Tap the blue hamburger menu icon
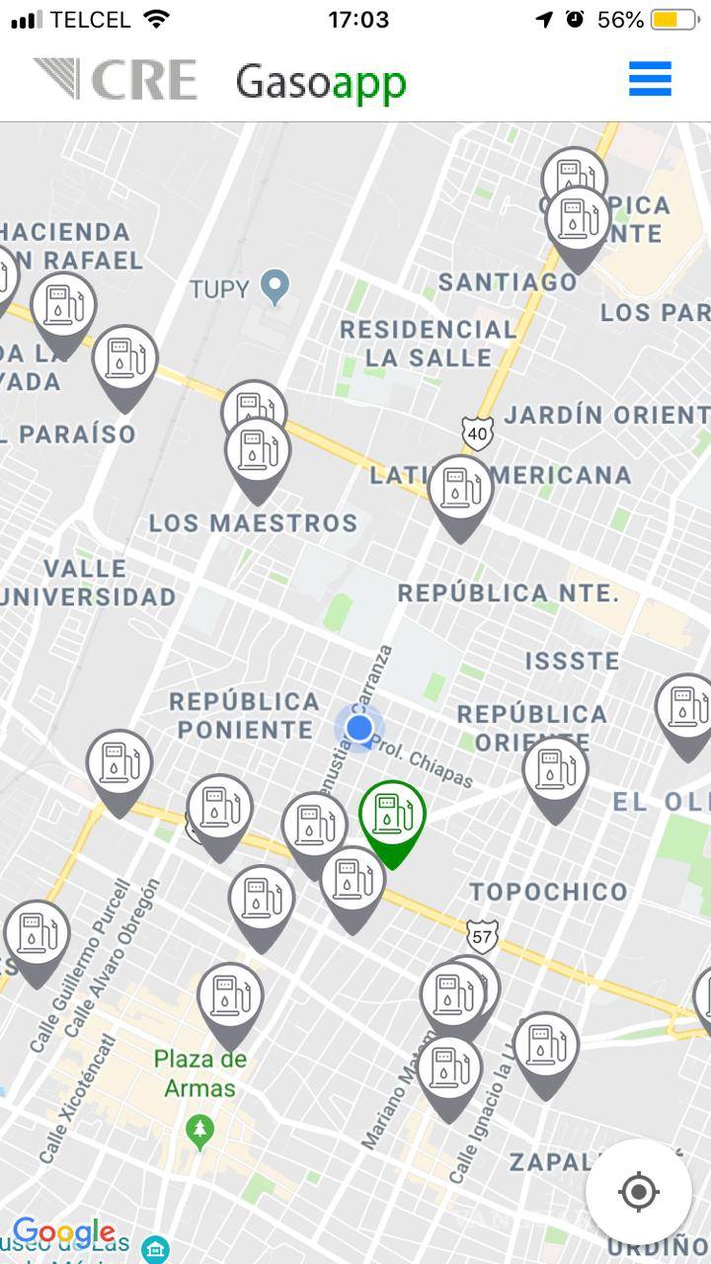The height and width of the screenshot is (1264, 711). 650,79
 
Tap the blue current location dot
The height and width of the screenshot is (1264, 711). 359,729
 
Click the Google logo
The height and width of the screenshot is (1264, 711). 63,1232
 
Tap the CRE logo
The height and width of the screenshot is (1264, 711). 116,80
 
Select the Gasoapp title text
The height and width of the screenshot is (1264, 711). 320,82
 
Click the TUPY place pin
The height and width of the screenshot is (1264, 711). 276,287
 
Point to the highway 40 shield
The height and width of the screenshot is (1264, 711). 477,433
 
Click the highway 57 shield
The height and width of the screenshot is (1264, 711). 482,934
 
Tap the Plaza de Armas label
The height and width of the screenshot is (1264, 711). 199,1073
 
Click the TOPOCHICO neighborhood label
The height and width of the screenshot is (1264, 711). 548,892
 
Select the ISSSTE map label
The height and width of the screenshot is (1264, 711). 572,661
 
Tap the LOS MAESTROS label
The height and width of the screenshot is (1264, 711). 253,522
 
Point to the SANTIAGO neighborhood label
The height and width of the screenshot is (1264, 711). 508,282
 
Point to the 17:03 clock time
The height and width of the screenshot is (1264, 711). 357,20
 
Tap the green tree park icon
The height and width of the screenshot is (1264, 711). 200,1128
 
